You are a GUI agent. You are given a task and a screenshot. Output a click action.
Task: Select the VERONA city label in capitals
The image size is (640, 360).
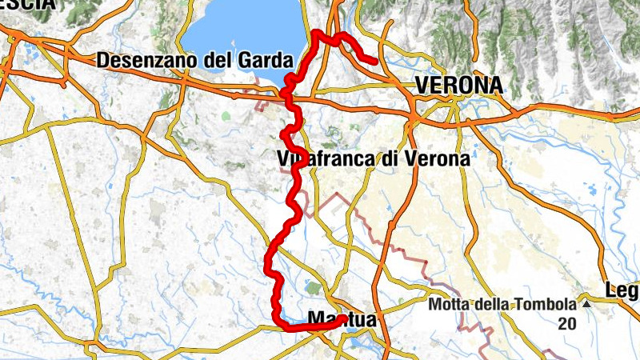[458, 85]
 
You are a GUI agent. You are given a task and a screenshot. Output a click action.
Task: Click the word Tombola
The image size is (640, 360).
[546, 305]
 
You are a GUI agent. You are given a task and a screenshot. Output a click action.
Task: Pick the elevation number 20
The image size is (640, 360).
[567, 323]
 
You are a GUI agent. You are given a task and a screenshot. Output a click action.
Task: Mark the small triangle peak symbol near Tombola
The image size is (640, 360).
[586, 305]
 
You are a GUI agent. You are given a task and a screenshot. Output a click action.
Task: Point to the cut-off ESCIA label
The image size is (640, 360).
[27, 4]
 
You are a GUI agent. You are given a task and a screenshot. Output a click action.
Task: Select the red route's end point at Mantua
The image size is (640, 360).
[342, 319]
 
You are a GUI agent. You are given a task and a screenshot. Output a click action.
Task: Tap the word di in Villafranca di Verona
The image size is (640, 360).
[389, 158]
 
